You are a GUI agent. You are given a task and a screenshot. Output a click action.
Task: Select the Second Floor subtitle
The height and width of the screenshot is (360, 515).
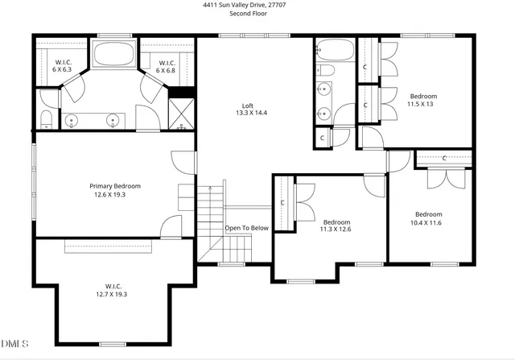(249, 14)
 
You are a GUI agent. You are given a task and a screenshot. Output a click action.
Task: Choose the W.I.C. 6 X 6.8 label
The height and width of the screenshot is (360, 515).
(167, 66)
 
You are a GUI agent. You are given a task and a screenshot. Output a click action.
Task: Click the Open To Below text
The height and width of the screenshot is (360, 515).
(246, 228)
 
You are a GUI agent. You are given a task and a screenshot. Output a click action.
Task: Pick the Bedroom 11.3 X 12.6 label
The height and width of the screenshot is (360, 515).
(336, 226)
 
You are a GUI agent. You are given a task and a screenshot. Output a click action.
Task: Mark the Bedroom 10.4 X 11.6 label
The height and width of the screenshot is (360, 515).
(426, 217)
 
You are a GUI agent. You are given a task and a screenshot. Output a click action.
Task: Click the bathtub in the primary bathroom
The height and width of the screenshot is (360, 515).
(114, 54)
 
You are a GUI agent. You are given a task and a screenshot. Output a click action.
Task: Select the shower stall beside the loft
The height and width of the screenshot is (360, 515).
(179, 114)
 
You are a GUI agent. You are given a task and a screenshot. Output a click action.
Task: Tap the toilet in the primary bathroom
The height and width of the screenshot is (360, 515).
(46, 121)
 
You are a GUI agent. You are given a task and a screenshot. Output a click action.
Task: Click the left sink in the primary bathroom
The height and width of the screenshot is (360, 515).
(72, 122)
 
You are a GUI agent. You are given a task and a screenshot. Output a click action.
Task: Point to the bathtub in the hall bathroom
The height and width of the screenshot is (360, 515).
(332, 50)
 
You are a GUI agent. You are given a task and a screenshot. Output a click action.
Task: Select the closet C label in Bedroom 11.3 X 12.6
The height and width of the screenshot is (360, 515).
(282, 203)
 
